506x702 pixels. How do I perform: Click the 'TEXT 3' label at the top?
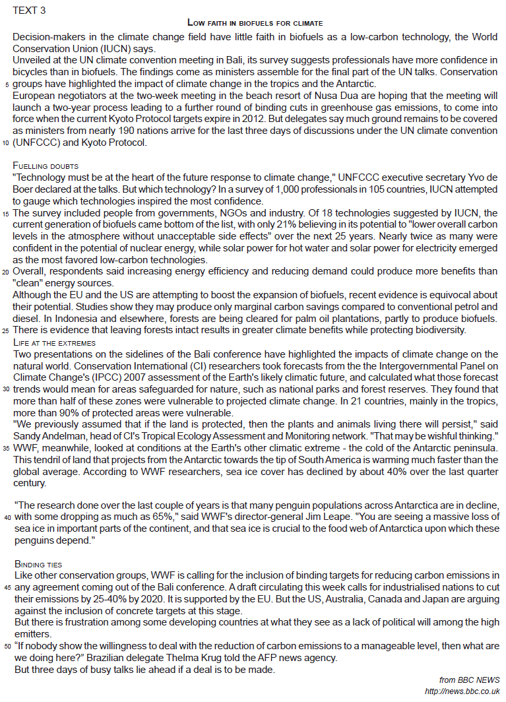point(30,10)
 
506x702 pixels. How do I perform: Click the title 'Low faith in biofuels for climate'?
point(255,23)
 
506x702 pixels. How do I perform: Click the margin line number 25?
point(7,330)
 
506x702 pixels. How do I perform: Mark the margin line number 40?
point(7,517)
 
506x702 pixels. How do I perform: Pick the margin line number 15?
point(7,214)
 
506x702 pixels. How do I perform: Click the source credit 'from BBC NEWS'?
point(469,680)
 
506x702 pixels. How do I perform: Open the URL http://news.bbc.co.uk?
point(462,691)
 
